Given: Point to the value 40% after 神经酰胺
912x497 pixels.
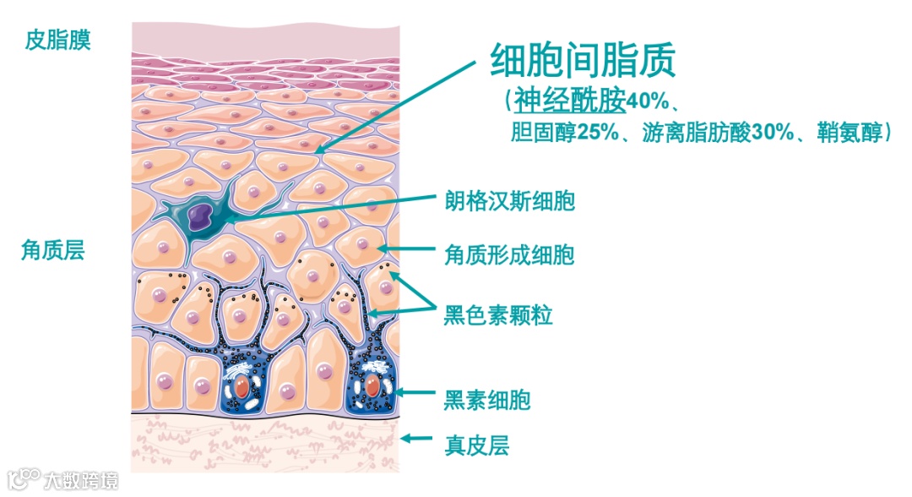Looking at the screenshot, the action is pyautogui.click(x=647, y=102).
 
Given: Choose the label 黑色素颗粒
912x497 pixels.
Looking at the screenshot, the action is pyautogui.click(x=498, y=316).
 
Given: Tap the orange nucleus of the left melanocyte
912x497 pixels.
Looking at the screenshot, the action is pyautogui.click(x=242, y=388).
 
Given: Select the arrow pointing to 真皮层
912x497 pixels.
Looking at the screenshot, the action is pyautogui.click(x=417, y=438).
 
